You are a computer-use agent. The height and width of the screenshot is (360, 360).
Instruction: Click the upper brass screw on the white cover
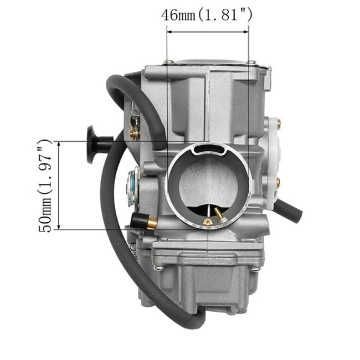279,122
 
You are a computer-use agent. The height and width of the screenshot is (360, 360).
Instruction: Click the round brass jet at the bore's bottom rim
207,222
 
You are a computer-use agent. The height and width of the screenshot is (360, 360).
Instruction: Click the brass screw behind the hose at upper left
133,133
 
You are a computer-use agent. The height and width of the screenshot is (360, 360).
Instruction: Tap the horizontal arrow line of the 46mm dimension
208,32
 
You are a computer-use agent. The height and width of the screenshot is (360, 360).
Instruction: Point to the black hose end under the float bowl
191,320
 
